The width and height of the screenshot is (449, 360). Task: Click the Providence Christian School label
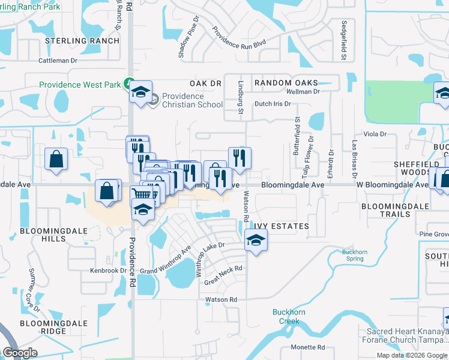tap(191, 100)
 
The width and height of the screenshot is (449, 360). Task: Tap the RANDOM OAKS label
tap(285, 83)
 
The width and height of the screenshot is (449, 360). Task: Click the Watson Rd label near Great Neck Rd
tap(221, 299)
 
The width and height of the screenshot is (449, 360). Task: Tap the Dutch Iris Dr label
tap(273, 104)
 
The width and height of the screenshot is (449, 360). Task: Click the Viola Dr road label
tap(375, 134)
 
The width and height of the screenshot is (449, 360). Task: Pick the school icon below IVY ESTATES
tap(256, 241)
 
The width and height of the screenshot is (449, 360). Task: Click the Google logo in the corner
tap(20, 353)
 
